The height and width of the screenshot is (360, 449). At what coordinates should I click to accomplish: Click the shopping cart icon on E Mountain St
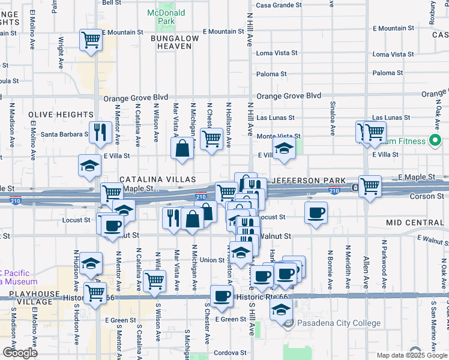point(91,41)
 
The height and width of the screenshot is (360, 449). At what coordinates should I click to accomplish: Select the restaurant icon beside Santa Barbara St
point(98,131)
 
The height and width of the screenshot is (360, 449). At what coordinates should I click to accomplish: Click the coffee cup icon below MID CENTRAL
point(316,212)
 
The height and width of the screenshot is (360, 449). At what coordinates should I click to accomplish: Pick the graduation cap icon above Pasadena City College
point(280,310)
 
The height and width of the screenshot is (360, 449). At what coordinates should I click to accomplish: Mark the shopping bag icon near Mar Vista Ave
point(182,148)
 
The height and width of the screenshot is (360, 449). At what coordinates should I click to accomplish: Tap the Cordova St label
point(231,353)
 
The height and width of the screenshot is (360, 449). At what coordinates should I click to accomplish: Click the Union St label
point(212,260)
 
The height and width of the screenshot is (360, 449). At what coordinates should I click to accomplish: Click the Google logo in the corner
point(20,352)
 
